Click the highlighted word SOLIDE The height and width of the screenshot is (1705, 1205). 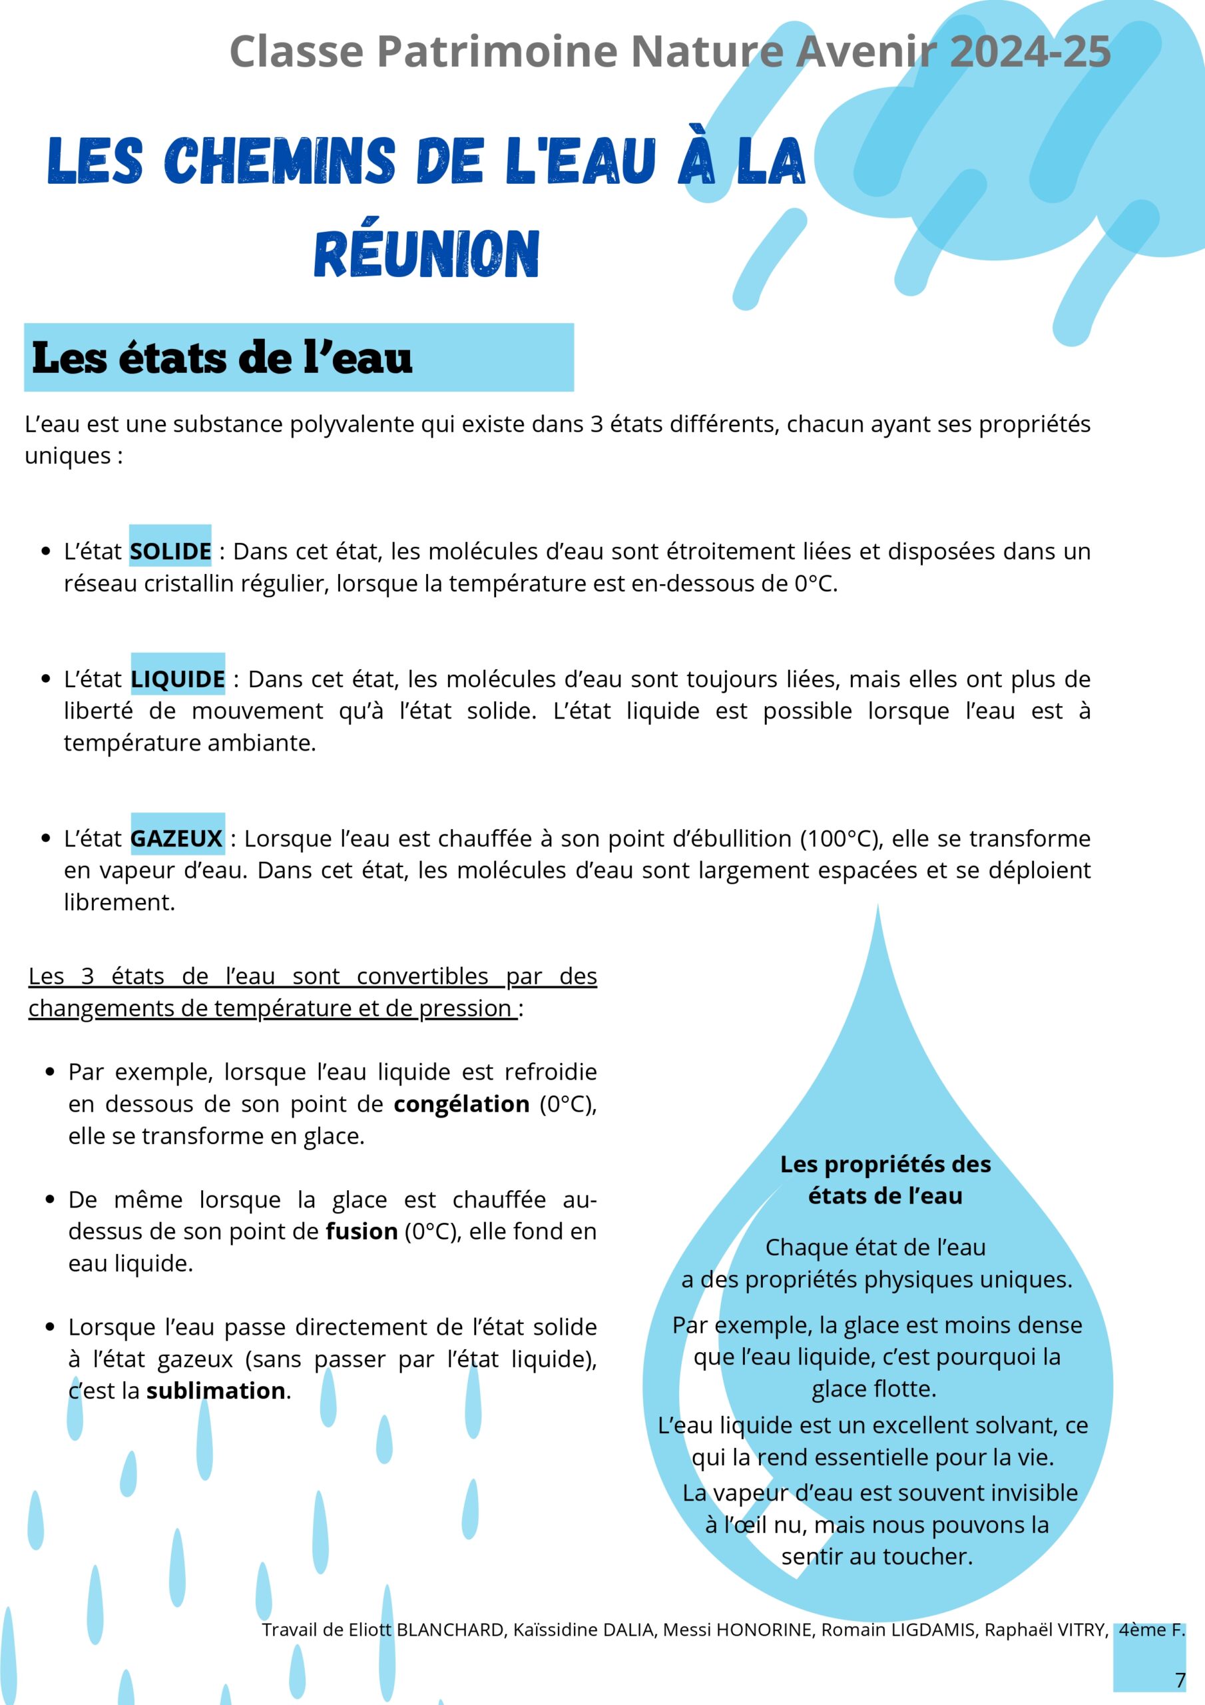(x=170, y=551)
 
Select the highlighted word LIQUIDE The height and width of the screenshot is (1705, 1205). (x=178, y=679)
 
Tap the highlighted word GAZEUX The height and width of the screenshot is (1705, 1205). (x=176, y=839)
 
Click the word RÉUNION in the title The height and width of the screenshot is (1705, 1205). (x=426, y=254)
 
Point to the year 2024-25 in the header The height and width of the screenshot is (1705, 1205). (x=1030, y=52)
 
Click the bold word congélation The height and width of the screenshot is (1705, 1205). (x=461, y=1104)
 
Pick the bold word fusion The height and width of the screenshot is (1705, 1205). (x=361, y=1232)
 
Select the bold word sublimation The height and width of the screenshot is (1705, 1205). (x=215, y=1391)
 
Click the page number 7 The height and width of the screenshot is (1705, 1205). (x=1180, y=1680)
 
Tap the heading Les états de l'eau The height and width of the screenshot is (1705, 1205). (x=222, y=358)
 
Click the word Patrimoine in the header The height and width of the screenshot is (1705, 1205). (x=497, y=52)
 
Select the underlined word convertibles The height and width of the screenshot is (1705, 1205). (x=421, y=976)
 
